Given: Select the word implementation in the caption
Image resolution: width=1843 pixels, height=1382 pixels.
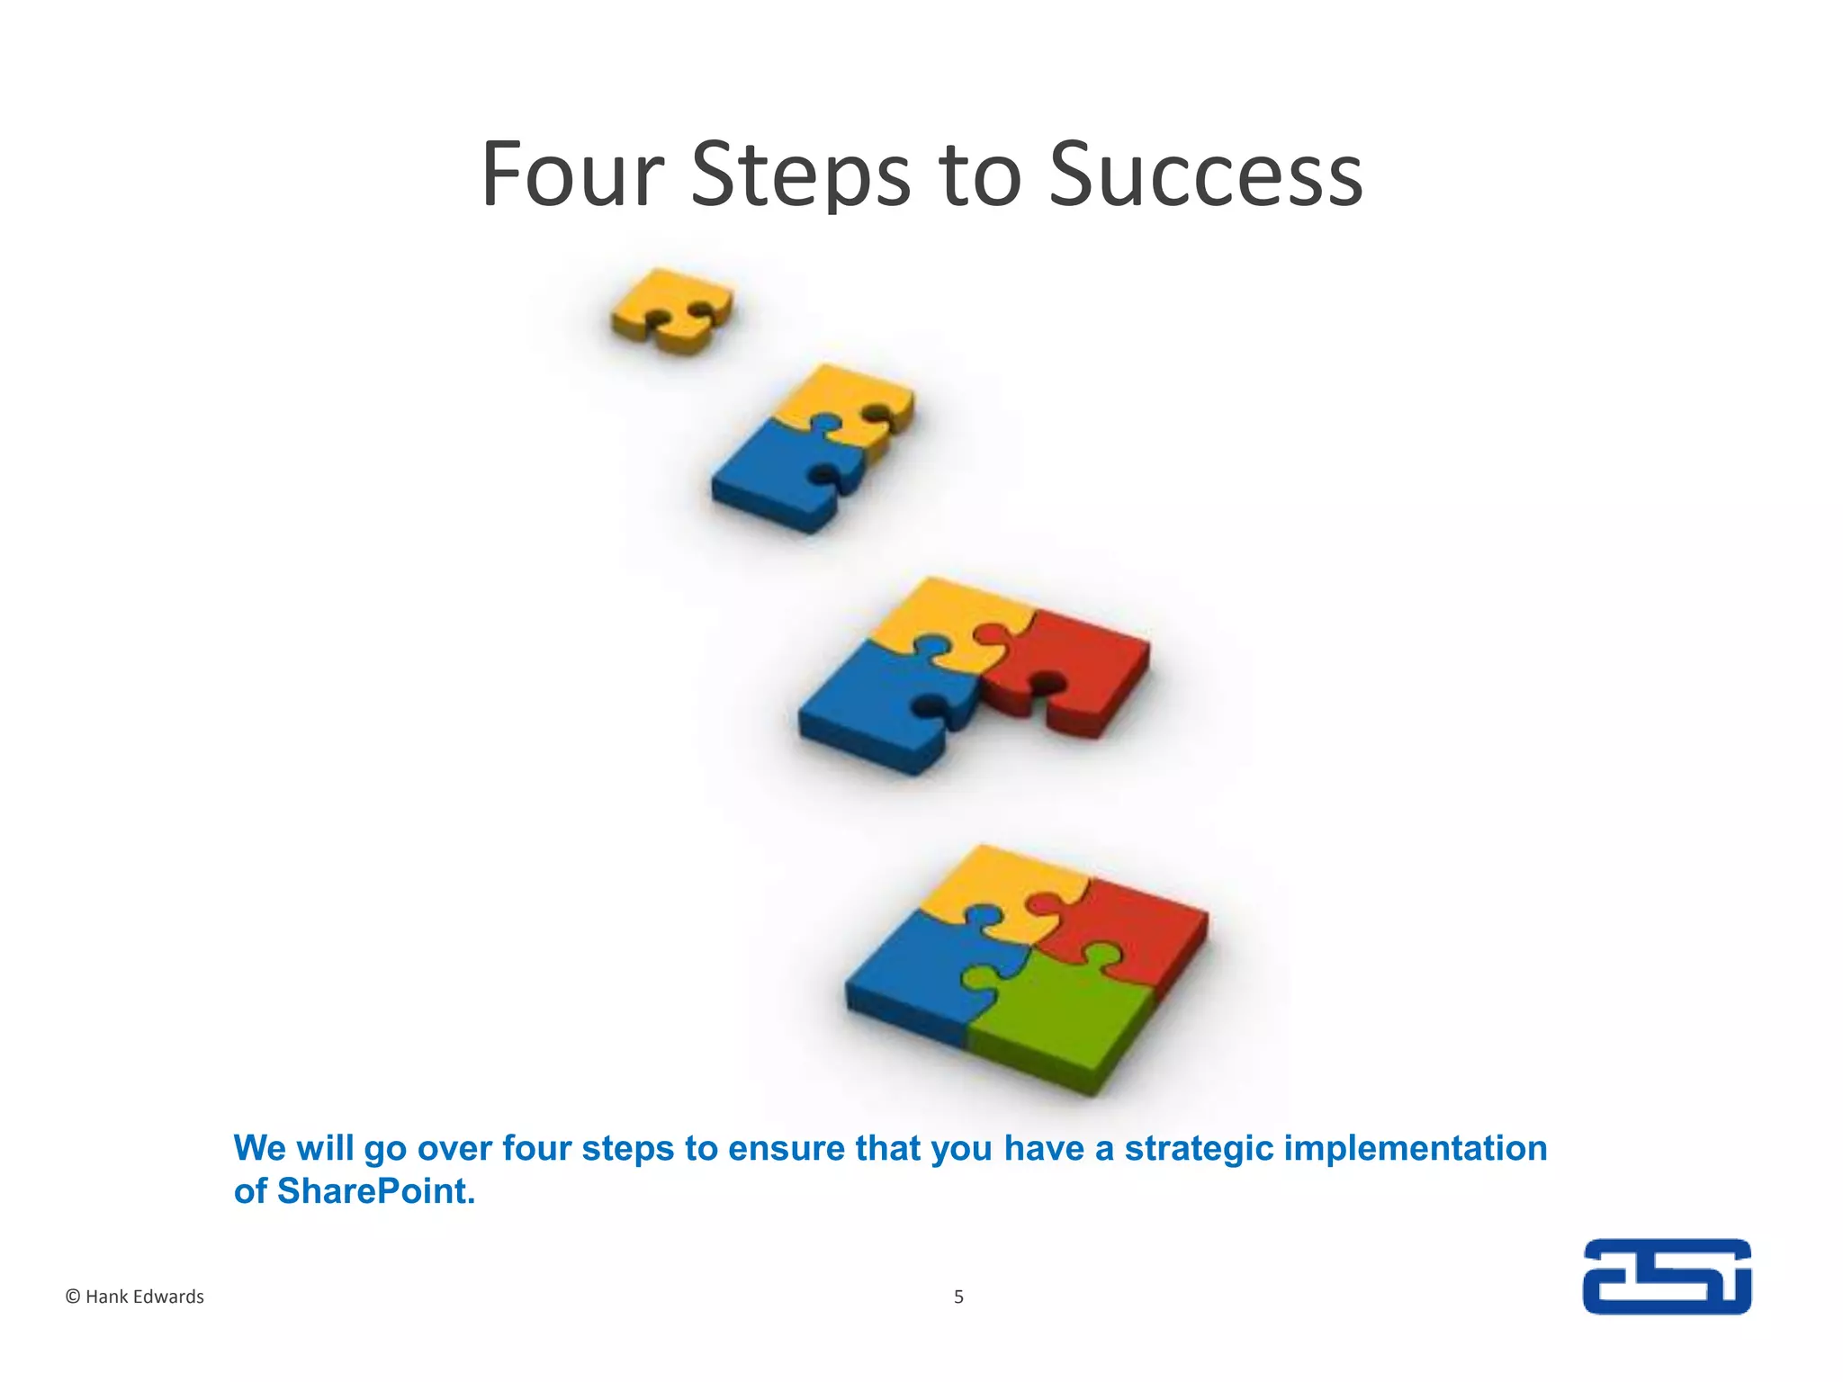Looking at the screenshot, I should tap(1415, 1149).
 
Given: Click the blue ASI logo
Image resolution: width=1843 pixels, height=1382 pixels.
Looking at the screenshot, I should tap(1667, 1276).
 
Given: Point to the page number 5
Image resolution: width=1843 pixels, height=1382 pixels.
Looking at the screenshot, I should tap(958, 1297).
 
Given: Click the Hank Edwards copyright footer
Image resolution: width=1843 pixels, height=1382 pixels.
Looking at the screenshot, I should tap(135, 1297).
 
